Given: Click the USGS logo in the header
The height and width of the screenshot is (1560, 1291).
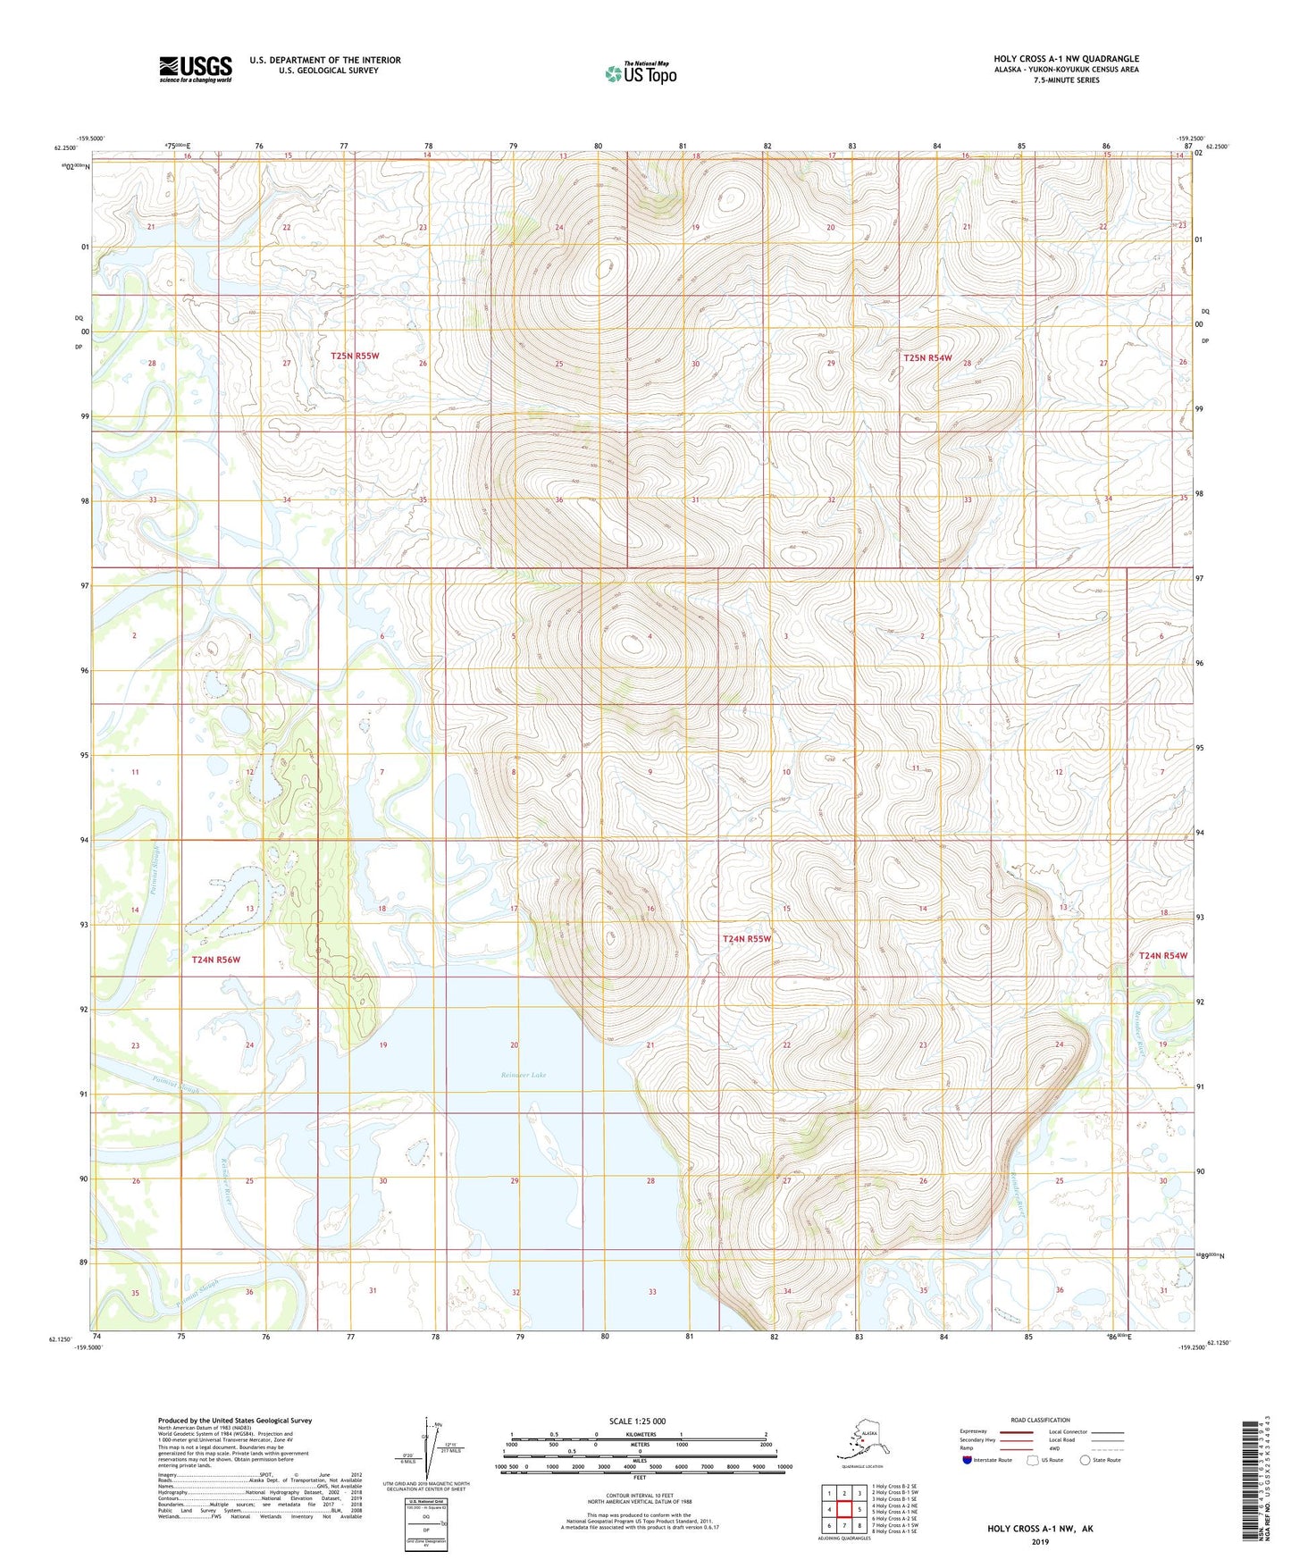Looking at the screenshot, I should [195, 69].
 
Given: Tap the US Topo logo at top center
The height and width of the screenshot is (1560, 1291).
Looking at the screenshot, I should [640, 73].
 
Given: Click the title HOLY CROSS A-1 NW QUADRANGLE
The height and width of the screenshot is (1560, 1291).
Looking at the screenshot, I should [1066, 59].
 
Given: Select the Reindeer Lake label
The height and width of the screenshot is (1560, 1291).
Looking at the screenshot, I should [524, 1075].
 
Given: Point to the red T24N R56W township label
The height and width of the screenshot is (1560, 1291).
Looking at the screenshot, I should [216, 960].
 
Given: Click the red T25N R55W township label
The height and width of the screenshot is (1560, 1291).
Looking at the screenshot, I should [355, 356].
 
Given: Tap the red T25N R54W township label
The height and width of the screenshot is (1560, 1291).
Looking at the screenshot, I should [927, 357].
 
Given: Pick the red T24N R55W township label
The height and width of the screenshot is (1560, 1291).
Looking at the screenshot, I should [746, 939].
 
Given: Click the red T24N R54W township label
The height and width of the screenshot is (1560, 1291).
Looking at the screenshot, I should [1163, 955].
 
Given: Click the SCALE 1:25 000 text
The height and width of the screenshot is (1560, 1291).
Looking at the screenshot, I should [638, 1421].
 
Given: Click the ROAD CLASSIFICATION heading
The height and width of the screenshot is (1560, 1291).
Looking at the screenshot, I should [1040, 1420].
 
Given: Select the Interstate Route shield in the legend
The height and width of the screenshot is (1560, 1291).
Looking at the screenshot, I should [967, 1460].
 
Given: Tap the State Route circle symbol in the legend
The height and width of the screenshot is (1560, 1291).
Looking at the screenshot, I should [1085, 1460].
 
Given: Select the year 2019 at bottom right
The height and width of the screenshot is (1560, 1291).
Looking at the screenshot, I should [1040, 1540].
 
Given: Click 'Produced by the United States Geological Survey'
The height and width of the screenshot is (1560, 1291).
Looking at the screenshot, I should [235, 1420].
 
